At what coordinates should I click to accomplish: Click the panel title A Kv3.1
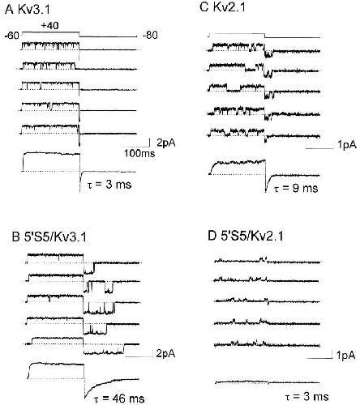pyautogui.click(x=28, y=10)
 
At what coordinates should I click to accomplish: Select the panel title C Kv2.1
pyautogui.click(x=222, y=7)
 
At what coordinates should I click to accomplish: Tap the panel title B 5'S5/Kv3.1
pyautogui.click(x=49, y=237)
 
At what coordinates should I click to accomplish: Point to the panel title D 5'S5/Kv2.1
pyautogui.click(x=246, y=236)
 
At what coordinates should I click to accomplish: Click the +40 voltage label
pyautogui.click(x=49, y=26)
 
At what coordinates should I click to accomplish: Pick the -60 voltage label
pyautogui.click(x=12, y=36)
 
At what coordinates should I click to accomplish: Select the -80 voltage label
pyautogui.click(x=150, y=35)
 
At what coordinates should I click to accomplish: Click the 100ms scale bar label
pyautogui.click(x=139, y=153)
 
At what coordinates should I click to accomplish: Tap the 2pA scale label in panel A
pyautogui.click(x=166, y=143)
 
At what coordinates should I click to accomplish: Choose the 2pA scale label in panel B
pyautogui.click(x=165, y=354)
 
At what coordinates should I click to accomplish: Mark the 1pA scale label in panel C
pyautogui.click(x=347, y=145)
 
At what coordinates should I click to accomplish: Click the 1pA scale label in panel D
pyautogui.click(x=345, y=356)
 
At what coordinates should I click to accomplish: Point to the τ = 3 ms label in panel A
pyautogui.click(x=109, y=185)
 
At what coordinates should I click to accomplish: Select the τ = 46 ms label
pyautogui.click(x=119, y=399)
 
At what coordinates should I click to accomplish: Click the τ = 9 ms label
pyautogui.click(x=296, y=188)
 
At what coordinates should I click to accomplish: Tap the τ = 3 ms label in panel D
pyautogui.click(x=306, y=397)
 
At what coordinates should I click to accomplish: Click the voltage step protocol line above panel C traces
pyautogui.click(x=264, y=36)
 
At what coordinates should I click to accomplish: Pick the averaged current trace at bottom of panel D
pyautogui.click(x=267, y=382)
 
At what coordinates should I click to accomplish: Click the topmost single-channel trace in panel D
pyautogui.click(x=267, y=261)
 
